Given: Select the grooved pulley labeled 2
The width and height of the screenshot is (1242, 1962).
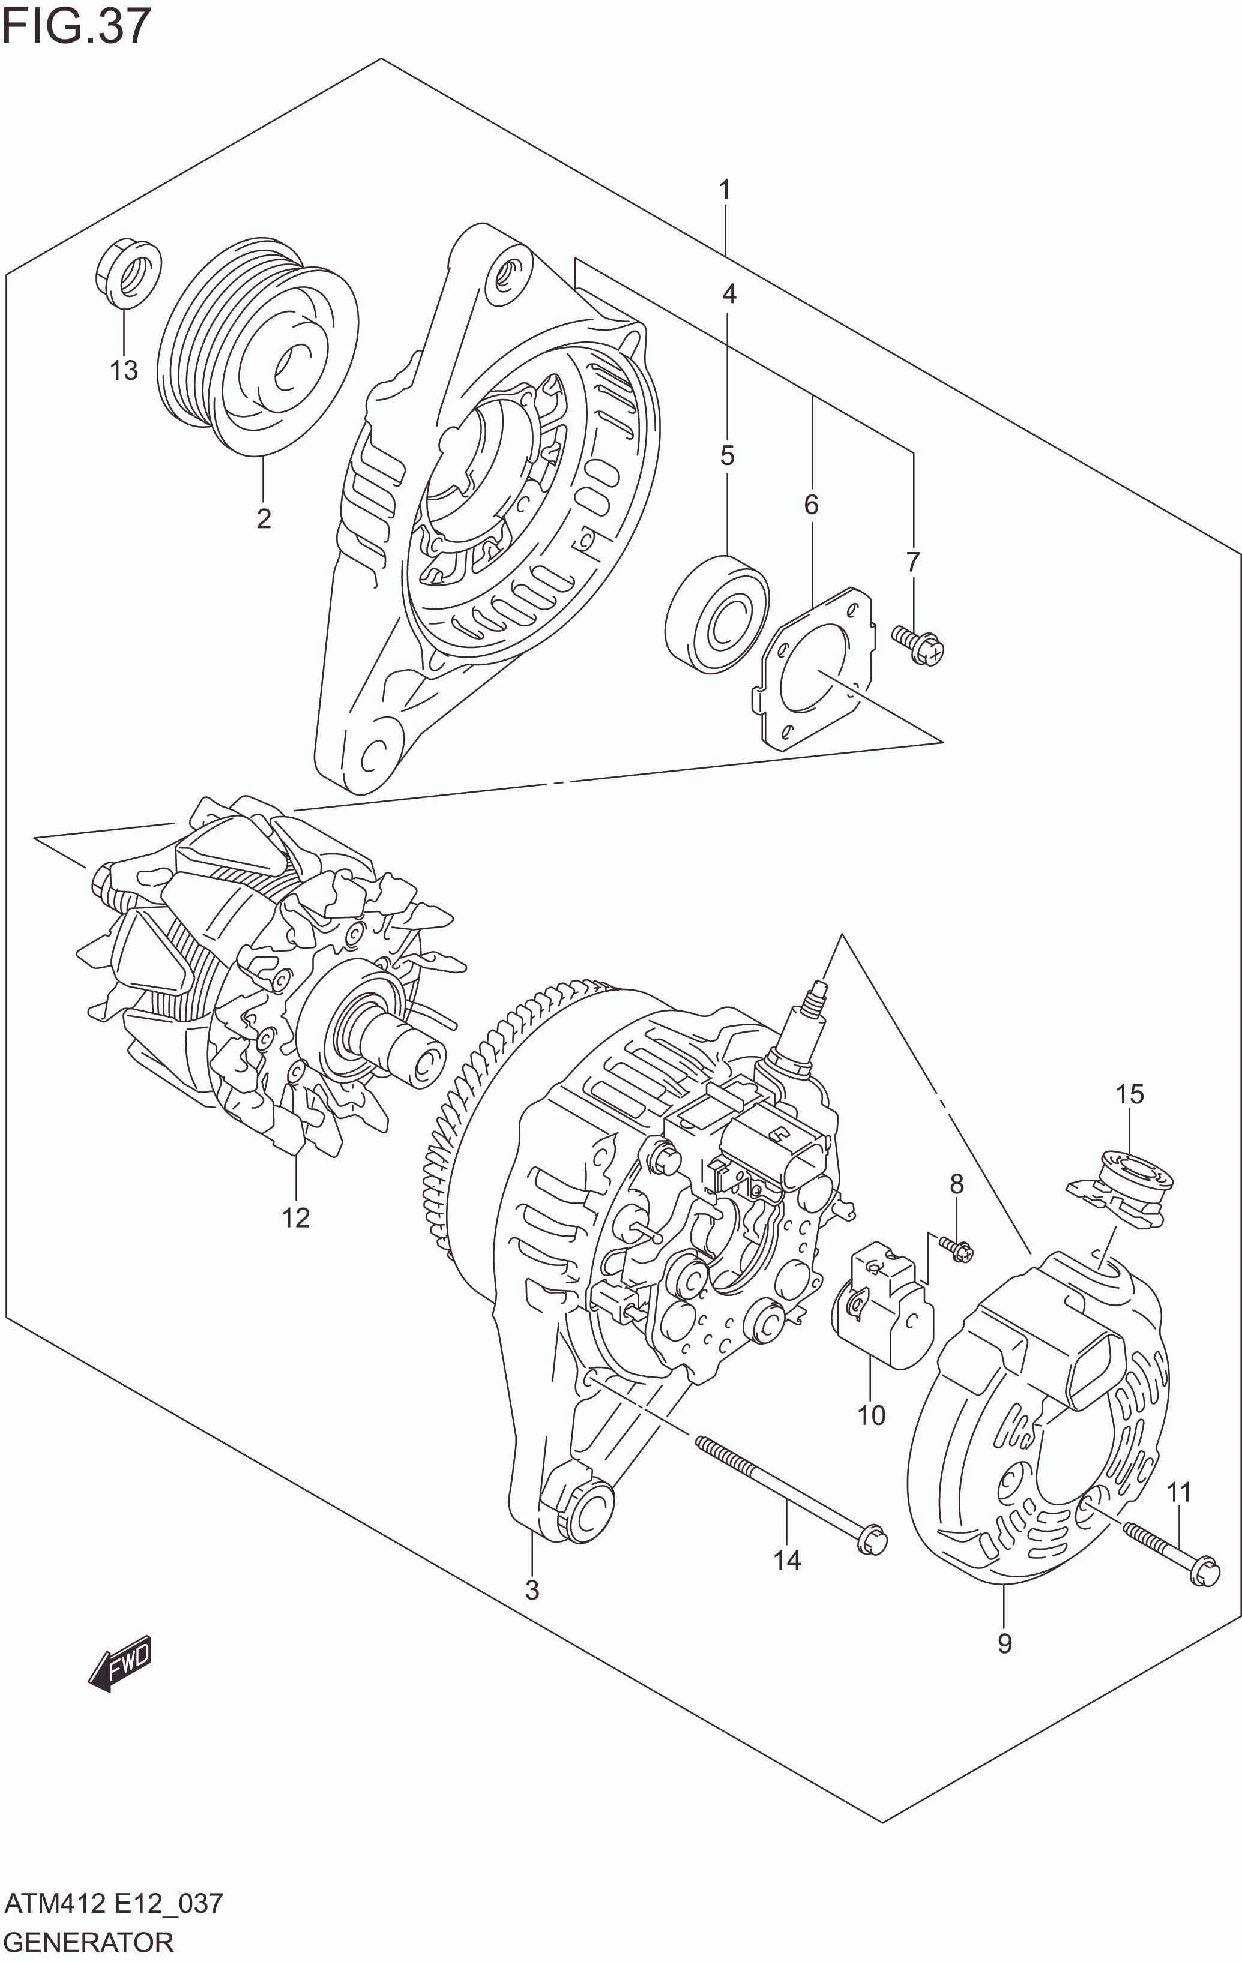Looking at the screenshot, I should [x=257, y=346].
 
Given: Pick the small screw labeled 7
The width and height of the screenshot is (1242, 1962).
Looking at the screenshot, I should [x=918, y=644].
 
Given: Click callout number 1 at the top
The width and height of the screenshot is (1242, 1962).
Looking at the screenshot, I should [x=724, y=190].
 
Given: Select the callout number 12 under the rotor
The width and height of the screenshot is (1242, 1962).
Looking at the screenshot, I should [x=296, y=1217].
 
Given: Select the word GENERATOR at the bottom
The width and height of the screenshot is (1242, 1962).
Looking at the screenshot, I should [x=89, y=1942].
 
